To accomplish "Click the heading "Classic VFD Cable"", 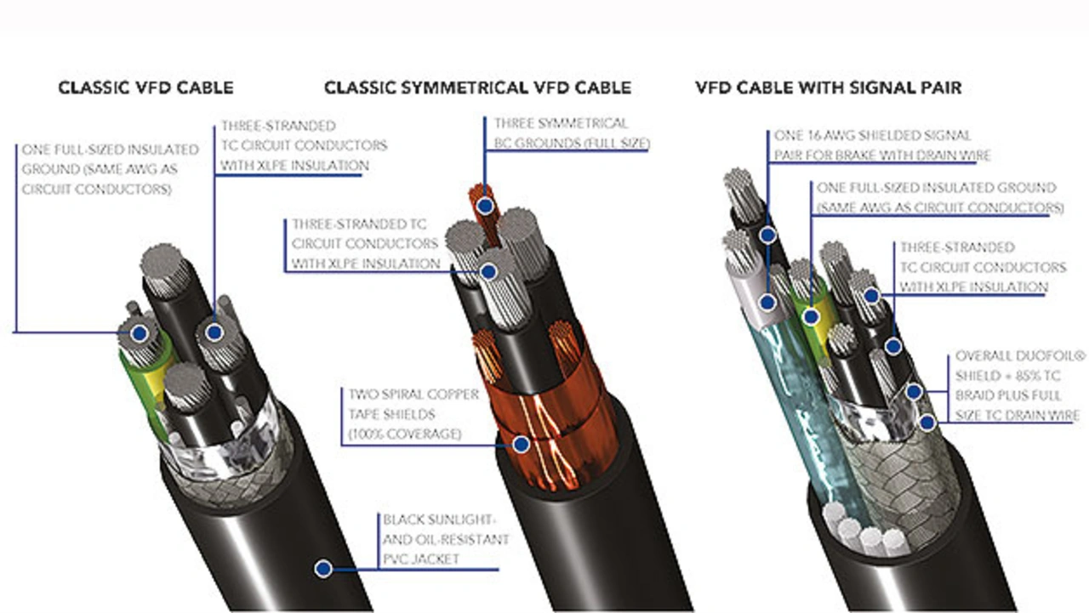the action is (145, 88).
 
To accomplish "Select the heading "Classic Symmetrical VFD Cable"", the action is (478, 88).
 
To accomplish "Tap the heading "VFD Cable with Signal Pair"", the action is (829, 88).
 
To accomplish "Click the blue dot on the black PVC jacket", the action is (323, 568).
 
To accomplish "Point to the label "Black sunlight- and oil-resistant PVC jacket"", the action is (445, 539).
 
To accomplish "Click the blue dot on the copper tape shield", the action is (522, 444).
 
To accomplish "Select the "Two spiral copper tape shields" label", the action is (413, 414).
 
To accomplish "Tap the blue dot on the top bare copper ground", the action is (485, 206).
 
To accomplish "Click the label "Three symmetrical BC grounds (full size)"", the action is (572, 133).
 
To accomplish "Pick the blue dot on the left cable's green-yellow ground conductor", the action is (140, 333).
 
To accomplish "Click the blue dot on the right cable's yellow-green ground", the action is (811, 317).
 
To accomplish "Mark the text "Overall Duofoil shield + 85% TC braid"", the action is (1019, 386).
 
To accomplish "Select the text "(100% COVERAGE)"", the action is (404, 434).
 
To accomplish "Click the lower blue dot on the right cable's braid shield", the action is (927, 422).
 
